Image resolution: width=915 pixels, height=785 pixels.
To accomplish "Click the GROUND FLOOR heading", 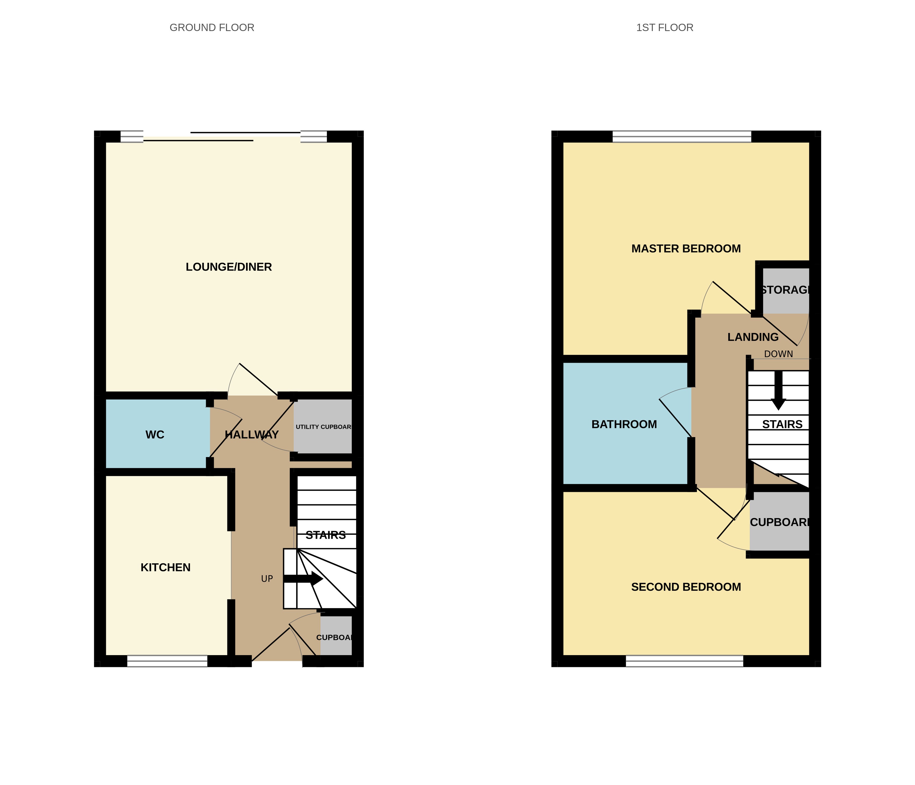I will point(212,27).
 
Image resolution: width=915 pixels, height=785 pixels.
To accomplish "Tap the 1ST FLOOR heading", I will point(664,27).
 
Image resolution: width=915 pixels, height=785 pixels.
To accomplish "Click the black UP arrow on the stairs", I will point(303,578).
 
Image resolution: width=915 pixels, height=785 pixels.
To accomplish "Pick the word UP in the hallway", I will point(267,578).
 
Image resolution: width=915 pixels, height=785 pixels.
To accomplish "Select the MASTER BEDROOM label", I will point(686,249).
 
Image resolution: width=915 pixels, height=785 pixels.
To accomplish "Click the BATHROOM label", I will point(624,424).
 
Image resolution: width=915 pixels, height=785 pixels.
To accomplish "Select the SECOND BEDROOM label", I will point(686,587).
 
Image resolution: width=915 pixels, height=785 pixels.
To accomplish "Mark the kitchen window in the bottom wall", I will point(167,661).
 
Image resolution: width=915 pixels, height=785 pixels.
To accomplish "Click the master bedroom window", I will point(681,136).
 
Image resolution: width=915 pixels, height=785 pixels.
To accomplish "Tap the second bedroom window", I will point(684,661).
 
